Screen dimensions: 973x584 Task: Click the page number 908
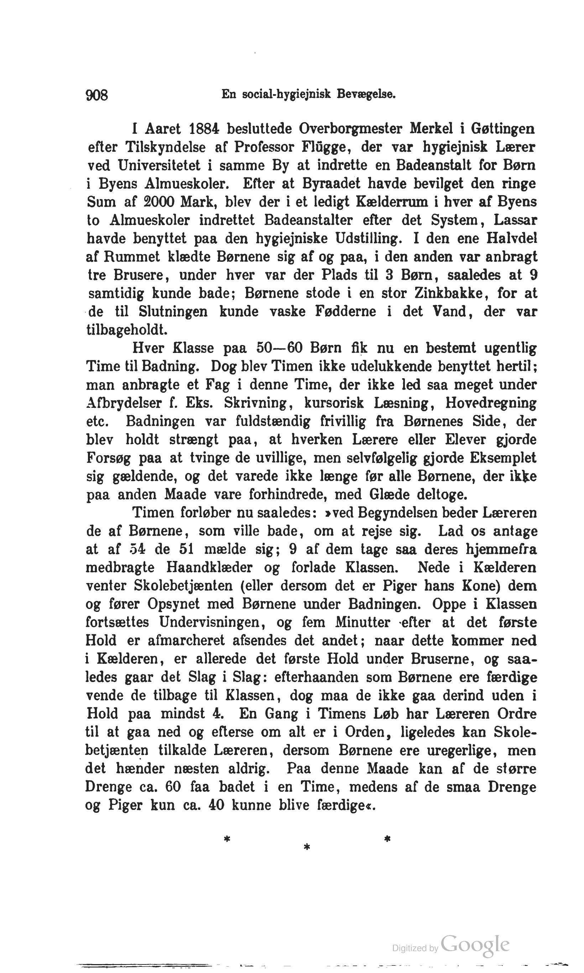[x=97, y=95]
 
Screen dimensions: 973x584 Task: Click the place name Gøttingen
[x=502, y=129]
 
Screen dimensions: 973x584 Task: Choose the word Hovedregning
[x=491, y=403]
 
